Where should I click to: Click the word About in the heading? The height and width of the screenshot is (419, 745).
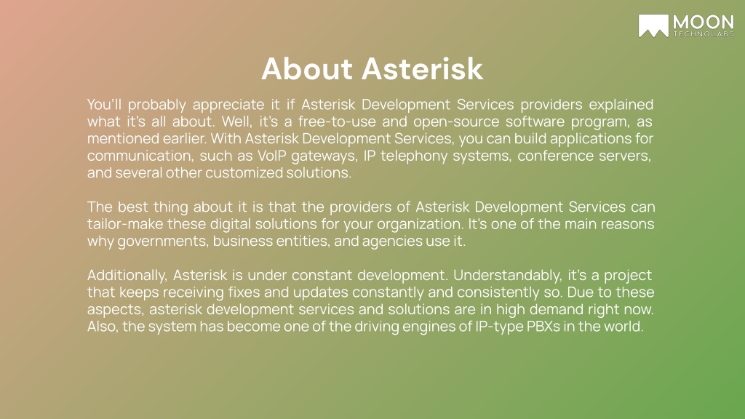tap(307, 69)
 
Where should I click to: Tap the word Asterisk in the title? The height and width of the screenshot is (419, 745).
tap(423, 69)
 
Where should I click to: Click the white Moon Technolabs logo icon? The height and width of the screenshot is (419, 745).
tap(653, 25)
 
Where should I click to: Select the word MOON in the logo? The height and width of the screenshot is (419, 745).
tap(704, 23)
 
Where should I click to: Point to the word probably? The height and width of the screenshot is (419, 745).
tap(157, 105)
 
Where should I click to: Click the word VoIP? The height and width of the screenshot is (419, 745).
tap(272, 156)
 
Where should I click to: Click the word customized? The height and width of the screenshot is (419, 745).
tap(244, 172)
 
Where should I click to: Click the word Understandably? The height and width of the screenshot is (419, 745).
tap(507, 276)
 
